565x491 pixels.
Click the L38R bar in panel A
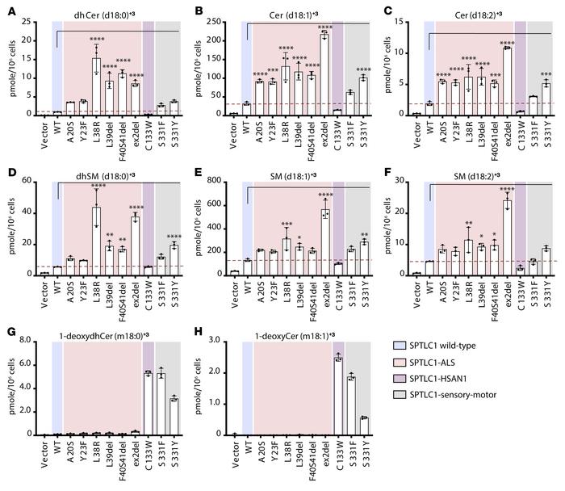pos(96,86)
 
